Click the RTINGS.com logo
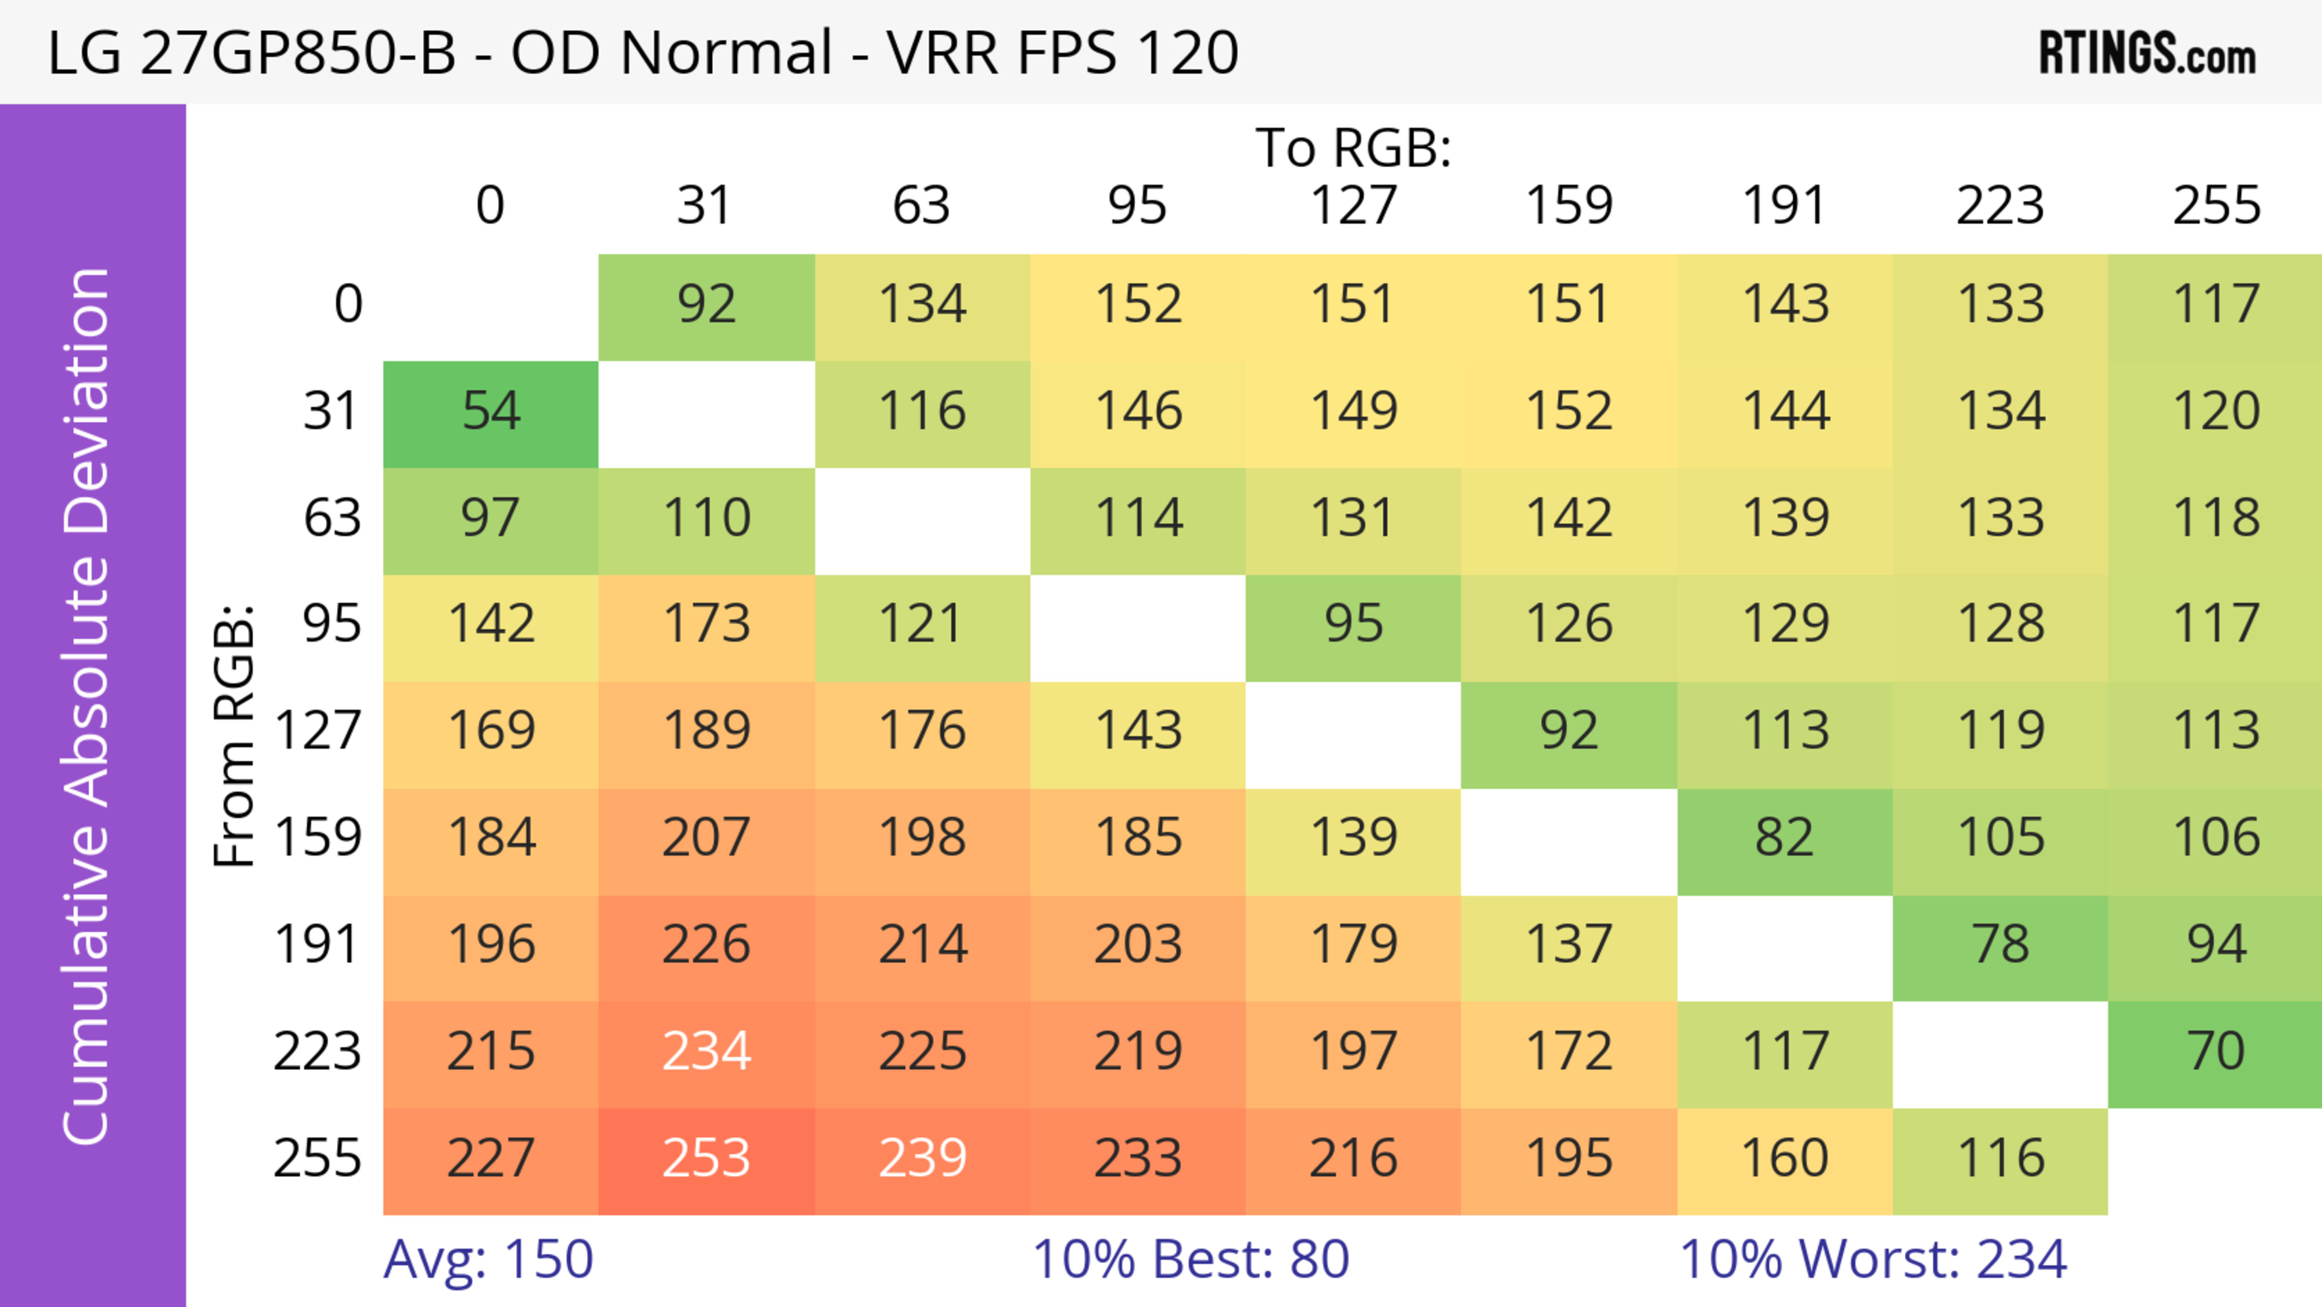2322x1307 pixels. [2147, 52]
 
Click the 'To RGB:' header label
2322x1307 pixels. [1353, 148]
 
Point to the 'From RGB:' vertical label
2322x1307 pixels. [235, 735]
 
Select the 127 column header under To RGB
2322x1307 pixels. [1353, 206]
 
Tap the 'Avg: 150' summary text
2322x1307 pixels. [487, 1259]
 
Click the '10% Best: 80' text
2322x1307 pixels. [1190, 1259]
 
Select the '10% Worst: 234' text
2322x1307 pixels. [1872, 1259]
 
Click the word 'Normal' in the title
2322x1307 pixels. [726, 52]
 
